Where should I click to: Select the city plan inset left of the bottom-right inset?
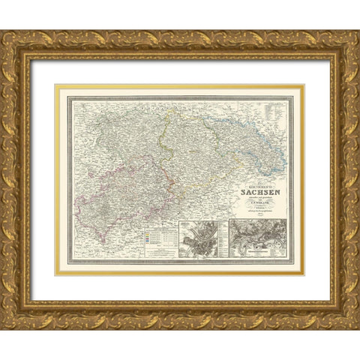click(x=199, y=238)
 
